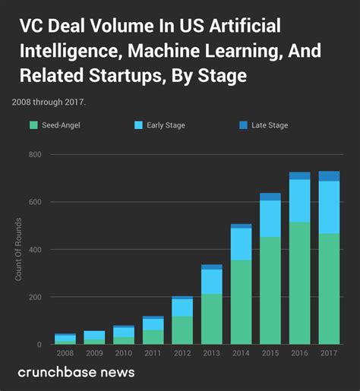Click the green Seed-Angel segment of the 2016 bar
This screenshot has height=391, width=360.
[x=299, y=283]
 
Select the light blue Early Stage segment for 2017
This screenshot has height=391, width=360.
[x=329, y=207]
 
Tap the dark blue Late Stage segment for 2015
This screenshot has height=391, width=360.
[x=270, y=197]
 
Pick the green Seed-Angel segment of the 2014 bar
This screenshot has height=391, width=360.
[x=241, y=302]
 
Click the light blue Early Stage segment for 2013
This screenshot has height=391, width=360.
[x=212, y=281]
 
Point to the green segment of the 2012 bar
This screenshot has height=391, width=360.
[x=182, y=330]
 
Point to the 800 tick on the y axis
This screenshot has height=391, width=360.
[x=34, y=155]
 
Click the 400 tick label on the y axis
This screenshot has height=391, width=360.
[x=34, y=250]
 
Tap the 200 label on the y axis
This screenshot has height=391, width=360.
[x=34, y=297]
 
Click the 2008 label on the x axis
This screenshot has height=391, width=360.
[x=65, y=354]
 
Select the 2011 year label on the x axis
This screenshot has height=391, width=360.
[x=153, y=354]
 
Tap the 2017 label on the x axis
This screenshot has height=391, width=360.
[x=329, y=354]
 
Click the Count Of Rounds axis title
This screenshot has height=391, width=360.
[x=18, y=250]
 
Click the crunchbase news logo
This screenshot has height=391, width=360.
[x=76, y=372]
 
